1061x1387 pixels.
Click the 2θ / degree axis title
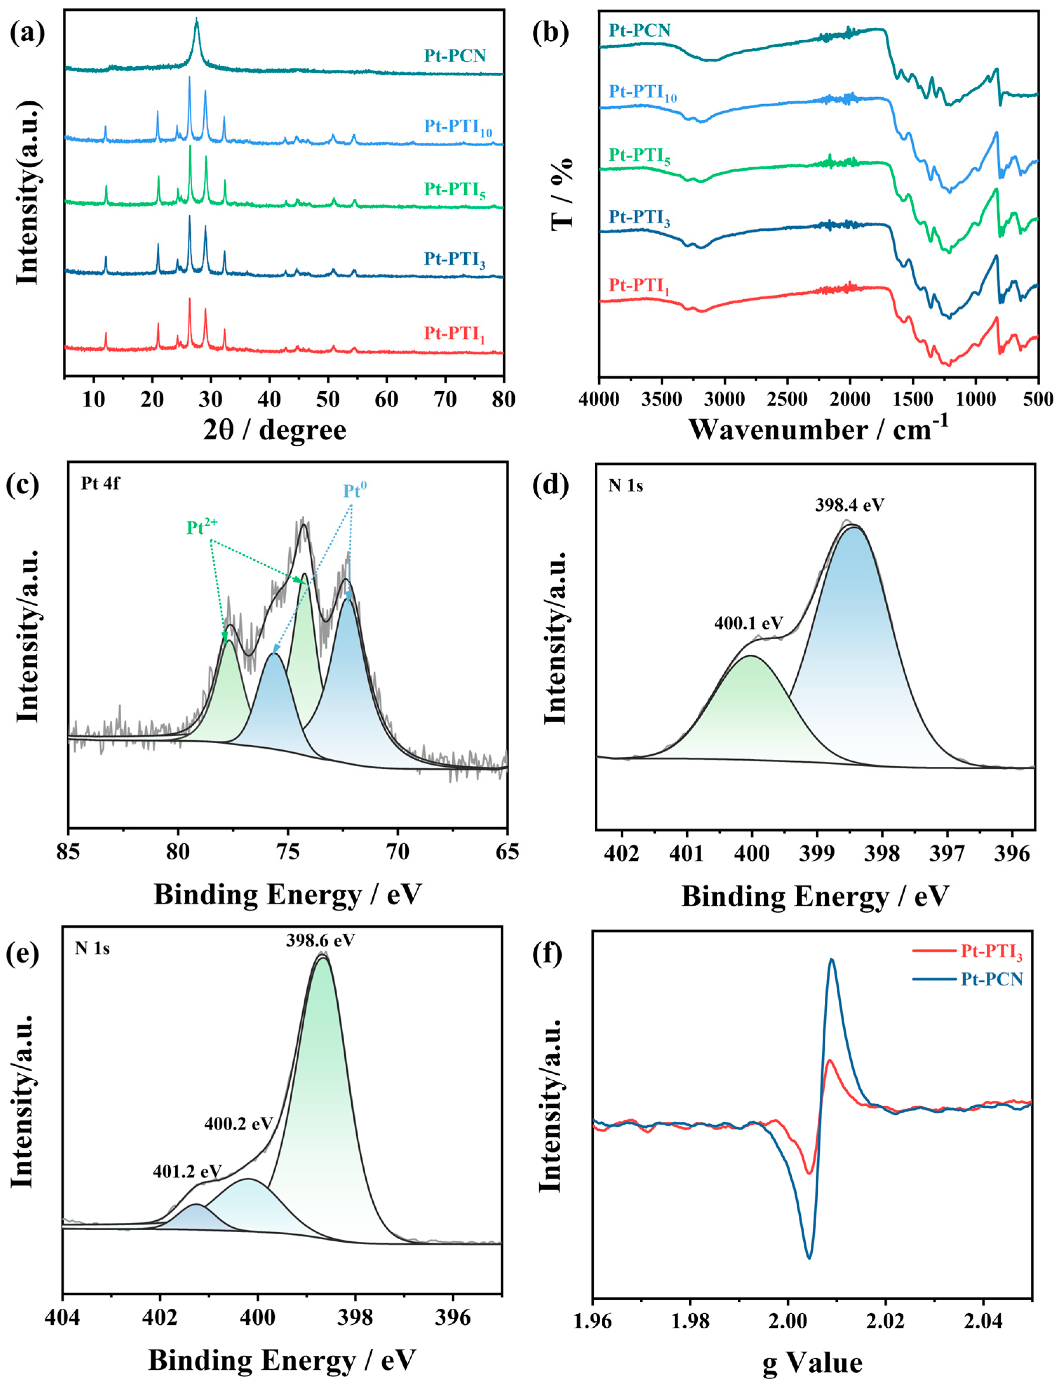275,430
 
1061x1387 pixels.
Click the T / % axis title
562,193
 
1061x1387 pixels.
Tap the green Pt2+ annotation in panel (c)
202,527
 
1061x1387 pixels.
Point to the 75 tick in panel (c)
288,852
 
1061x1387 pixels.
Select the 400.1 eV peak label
748,623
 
